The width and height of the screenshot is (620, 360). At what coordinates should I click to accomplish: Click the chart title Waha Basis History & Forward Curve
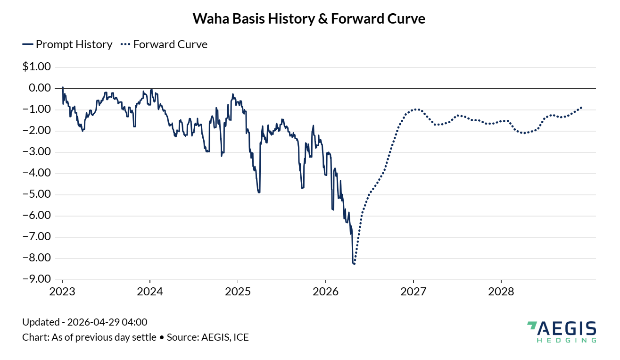pos(309,19)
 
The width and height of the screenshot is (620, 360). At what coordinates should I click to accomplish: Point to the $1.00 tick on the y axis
pos(36,67)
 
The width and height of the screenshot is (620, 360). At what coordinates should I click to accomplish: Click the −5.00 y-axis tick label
pos(36,194)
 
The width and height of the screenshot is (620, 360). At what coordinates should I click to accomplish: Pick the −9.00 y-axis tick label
pos(36,279)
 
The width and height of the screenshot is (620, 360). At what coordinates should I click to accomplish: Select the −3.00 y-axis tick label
pos(36,152)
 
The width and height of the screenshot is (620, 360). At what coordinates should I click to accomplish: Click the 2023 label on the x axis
pos(62,292)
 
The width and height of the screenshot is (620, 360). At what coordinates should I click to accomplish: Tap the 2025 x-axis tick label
pos(238,292)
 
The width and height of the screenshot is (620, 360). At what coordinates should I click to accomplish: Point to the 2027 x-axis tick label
pos(413,292)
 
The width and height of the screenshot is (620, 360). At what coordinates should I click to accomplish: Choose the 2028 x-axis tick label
pos(501,292)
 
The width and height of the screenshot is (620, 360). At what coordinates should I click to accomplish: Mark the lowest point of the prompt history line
pos(354,263)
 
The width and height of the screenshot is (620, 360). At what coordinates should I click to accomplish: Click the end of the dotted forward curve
pos(581,108)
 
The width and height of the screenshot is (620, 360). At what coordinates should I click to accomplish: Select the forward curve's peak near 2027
pos(415,109)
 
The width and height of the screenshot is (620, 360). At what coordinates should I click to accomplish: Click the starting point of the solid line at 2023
pos(62,87)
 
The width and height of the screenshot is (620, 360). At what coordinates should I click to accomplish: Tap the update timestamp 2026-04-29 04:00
pos(107,323)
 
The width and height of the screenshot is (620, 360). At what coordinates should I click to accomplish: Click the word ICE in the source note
pos(240,337)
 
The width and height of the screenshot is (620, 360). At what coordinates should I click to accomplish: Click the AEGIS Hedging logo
pos(561,331)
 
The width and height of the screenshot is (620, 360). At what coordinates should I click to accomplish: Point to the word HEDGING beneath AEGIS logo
pos(566,340)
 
